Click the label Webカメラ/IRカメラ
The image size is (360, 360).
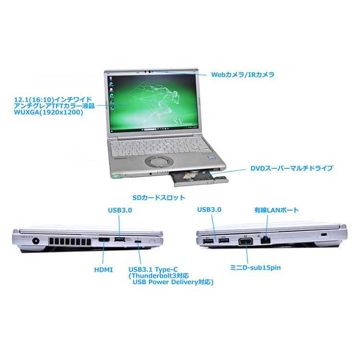pos(243,75)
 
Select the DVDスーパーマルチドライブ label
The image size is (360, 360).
pos(291,168)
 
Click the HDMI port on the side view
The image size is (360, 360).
pos(104,240)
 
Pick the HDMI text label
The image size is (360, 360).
pos(104,270)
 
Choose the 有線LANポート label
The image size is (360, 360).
pos(276,210)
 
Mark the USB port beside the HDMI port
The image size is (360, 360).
pos(120,239)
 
